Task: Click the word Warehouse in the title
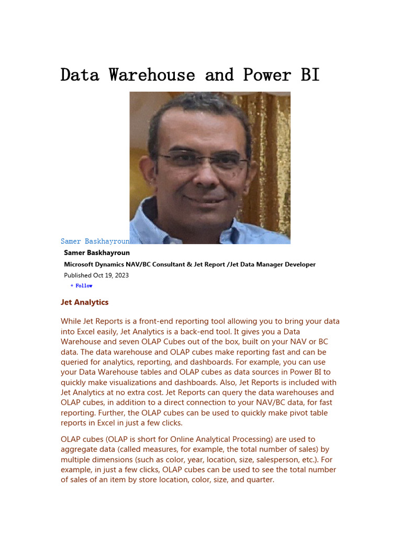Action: click(x=152, y=75)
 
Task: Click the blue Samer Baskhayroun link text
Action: click(x=95, y=241)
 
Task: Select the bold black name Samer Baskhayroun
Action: click(x=97, y=253)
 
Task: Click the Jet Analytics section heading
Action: click(x=85, y=302)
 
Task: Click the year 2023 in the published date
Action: click(x=121, y=275)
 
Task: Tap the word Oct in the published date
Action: click(x=98, y=275)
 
